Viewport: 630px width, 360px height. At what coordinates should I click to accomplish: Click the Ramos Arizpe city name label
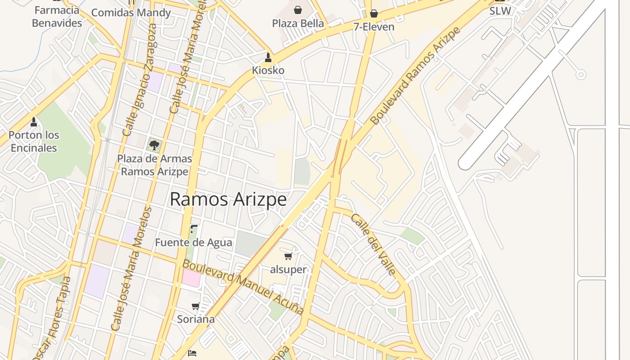pyautogui.click(x=228, y=199)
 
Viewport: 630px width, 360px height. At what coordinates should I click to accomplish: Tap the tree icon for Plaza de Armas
pyautogui.click(x=154, y=145)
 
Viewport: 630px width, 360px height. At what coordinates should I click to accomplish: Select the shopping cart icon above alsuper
pyautogui.click(x=288, y=256)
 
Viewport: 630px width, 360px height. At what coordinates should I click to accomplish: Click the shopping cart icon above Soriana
pyautogui.click(x=195, y=306)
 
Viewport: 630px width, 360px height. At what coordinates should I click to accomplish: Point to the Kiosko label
pyautogui.click(x=268, y=70)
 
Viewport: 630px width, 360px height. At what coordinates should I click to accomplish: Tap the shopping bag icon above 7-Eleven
pyautogui.click(x=373, y=13)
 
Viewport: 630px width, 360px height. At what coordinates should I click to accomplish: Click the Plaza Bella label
pyautogui.click(x=298, y=23)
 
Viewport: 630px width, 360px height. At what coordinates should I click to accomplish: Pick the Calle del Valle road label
pyautogui.click(x=373, y=244)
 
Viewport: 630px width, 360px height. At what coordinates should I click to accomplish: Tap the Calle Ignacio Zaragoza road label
pyautogui.click(x=140, y=80)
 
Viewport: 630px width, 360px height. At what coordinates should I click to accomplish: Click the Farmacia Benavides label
pyautogui.click(x=57, y=16)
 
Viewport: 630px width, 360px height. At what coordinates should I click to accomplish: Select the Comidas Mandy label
pyautogui.click(x=131, y=12)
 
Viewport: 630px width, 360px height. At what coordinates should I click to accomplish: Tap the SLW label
pyautogui.click(x=500, y=11)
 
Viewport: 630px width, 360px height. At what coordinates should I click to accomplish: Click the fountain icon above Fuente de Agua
pyautogui.click(x=193, y=229)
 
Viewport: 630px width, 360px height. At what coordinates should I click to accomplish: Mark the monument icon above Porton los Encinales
pyautogui.click(x=33, y=121)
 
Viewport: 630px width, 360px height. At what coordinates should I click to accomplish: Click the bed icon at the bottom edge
pyautogui.click(x=192, y=353)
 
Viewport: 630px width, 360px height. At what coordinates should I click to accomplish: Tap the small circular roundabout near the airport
pyautogui.click(x=581, y=74)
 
